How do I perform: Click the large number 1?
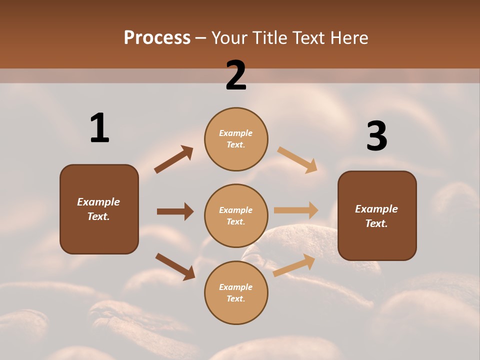point(99,128)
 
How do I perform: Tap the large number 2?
point(236,75)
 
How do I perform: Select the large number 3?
point(376,136)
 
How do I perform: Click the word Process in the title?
point(157,37)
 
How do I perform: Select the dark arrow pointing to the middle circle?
point(175,211)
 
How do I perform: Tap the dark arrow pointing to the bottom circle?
point(175,266)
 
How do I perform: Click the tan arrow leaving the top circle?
point(297,159)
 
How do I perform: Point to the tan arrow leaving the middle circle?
point(296,210)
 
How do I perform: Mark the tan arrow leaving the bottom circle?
point(294,265)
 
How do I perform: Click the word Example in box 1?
point(98,202)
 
